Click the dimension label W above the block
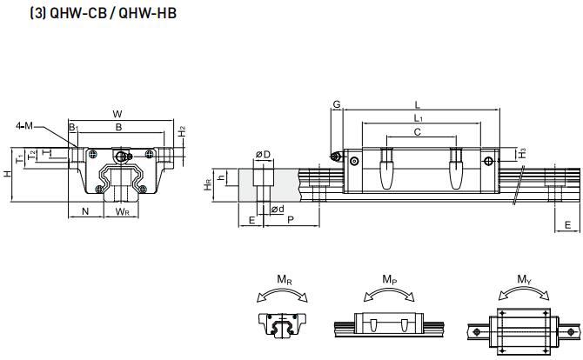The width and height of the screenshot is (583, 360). (117, 114)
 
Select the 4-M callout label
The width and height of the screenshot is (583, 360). (24, 126)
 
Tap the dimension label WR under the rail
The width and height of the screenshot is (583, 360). (123, 211)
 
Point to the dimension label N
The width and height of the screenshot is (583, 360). (84, 211)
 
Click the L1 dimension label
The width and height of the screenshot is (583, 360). (419, 117)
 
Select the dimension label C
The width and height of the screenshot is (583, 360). (418, 132)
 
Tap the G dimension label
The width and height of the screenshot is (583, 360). (336, 104)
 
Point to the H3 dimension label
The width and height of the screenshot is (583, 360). (522, 154)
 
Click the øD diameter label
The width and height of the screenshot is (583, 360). (262, 155)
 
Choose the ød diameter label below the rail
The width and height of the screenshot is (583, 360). (277, 209)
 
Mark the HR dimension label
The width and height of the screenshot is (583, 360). (207, 185)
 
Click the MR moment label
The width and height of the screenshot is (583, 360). (284, 279)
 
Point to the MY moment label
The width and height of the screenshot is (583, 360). (523, 279)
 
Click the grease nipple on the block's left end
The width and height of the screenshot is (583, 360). (336, 157)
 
